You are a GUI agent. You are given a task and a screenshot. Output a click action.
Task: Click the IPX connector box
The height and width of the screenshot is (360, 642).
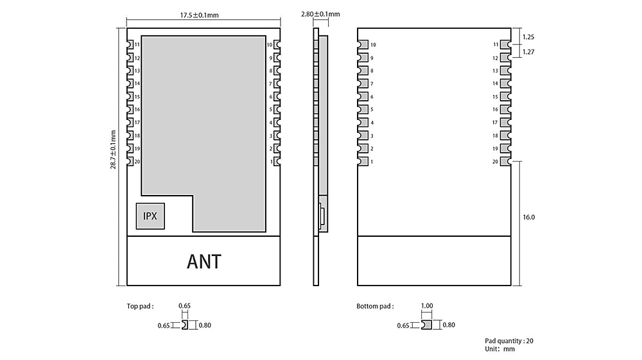(x=150, y=216)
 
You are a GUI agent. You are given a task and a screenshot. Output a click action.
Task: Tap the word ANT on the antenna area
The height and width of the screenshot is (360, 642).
(x=204, y=262)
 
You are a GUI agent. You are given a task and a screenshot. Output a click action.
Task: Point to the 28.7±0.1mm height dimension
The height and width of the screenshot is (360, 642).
(x=113, y=150)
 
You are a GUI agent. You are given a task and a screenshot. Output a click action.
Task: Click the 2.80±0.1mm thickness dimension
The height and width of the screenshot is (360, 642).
(x=320, y=13)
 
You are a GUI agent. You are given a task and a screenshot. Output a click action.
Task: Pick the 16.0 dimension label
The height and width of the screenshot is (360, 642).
(x=529, y=218)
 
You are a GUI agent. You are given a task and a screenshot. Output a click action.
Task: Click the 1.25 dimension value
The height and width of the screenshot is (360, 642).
(x=529, y=37)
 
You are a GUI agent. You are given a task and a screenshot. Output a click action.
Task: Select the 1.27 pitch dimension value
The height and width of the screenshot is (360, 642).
(x=529, y=52)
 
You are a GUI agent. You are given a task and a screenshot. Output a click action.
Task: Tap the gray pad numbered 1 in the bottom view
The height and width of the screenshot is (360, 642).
(x=363, y=162)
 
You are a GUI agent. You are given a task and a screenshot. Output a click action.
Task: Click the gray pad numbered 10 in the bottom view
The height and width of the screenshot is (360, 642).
(x=363, y=44)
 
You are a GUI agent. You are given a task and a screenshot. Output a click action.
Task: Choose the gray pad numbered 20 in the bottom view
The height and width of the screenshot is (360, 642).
(x=505, y=162)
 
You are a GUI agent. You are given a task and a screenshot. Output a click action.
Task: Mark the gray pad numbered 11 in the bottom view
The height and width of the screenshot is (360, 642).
(x=505, y=44)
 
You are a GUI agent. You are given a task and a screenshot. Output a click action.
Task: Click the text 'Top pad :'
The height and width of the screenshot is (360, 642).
(x=140, y=306)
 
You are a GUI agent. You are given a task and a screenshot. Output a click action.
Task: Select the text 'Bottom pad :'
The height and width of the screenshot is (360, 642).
(x=375, y=306)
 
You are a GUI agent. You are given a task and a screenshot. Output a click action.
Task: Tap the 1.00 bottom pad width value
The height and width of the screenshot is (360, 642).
(x=426, y=306)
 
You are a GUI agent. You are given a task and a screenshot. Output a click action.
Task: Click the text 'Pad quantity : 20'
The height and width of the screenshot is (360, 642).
(x=510, y=341)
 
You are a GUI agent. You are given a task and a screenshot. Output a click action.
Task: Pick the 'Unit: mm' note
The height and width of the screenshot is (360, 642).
(x=500, y=349)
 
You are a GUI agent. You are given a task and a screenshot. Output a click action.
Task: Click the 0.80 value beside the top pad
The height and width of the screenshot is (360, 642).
(x=205, y=325)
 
